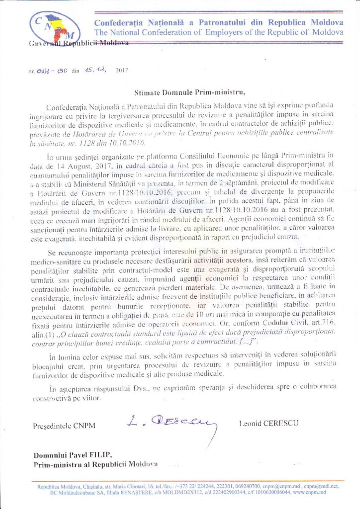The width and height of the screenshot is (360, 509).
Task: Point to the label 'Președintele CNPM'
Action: pyautogui.click(x=64, y=426)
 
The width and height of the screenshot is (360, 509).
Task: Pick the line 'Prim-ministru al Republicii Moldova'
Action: pyautogui.click(x=95, y=464)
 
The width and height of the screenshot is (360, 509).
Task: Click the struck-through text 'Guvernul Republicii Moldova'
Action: pyautogui.click(x=80, y=43)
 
